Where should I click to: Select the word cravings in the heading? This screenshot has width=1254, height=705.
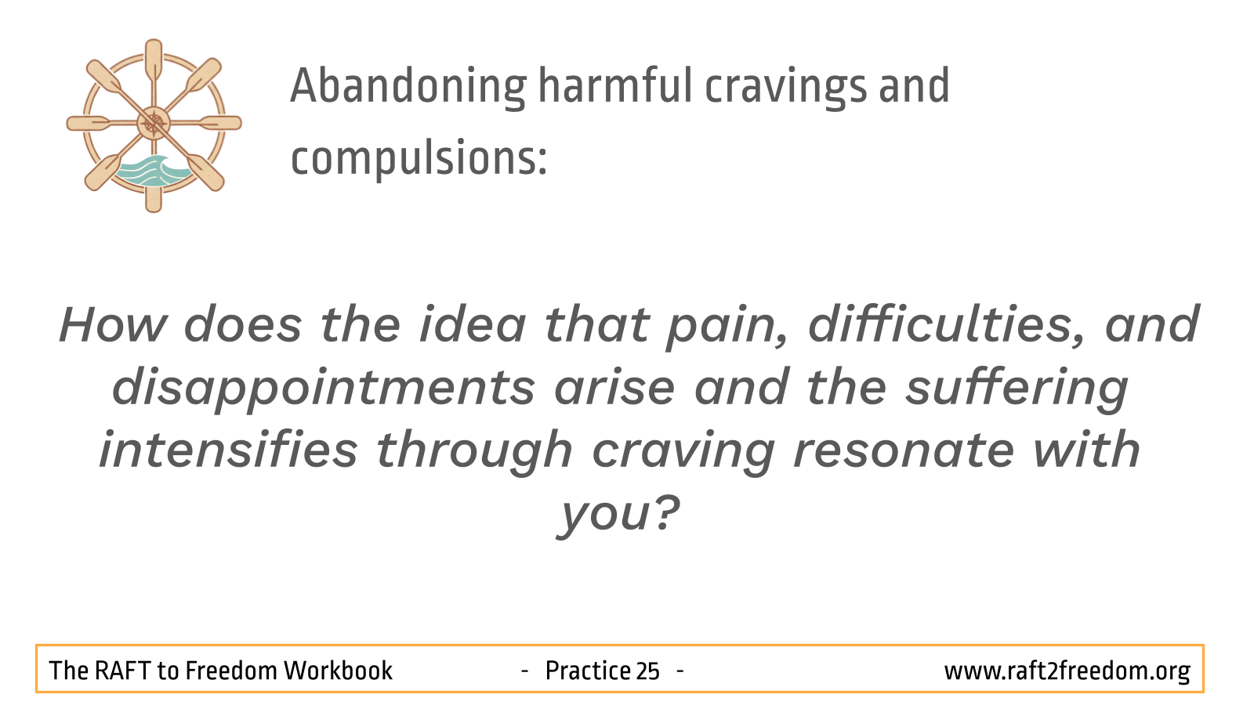(x=785, y=87)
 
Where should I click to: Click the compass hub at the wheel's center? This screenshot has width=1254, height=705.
(x=154, y=123)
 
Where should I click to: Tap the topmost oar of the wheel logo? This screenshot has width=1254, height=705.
(x=154, y=62)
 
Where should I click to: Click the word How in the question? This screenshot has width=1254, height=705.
(x=113, y=324)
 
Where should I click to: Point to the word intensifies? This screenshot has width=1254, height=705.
(x=228, y=450)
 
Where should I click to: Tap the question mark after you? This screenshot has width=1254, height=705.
(x=666, y=512)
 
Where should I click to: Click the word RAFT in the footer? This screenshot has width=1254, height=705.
(x=122, y=671)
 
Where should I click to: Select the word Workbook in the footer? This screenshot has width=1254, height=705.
(x=338, y=671)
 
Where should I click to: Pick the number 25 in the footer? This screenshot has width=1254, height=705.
(x=647, y=671)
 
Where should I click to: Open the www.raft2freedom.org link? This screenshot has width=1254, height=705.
(x=1067, y=671)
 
